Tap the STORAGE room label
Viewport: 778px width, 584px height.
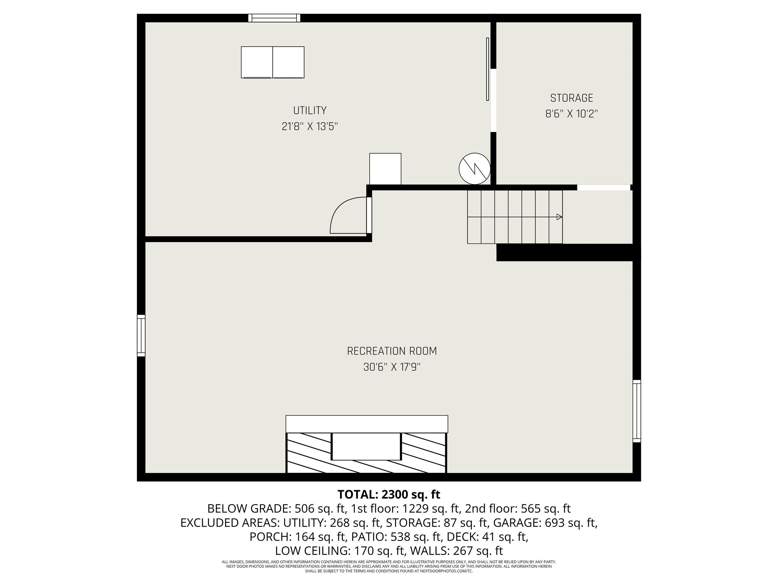572,98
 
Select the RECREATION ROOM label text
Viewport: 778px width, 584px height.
392,351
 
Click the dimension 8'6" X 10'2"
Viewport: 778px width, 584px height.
572,114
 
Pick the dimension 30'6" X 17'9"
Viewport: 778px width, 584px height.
392,367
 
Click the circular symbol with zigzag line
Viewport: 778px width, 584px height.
474,169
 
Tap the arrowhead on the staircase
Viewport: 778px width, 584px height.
559,217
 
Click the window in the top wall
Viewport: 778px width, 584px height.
274,18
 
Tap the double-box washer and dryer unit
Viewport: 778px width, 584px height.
273,62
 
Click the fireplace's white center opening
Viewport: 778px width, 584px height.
366,446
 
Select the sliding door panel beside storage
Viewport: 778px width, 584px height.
488,69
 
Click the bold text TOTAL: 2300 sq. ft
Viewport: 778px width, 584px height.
389,495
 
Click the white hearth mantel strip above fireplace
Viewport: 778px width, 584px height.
366,424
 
